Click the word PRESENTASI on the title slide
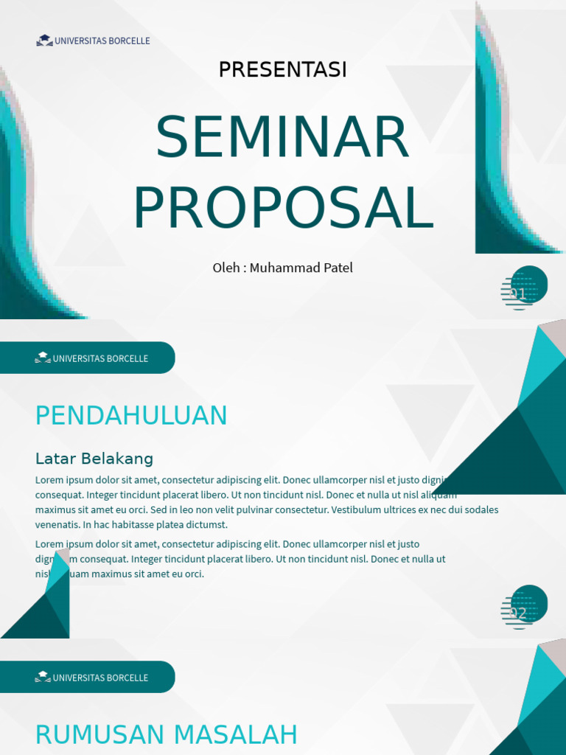point(282,70)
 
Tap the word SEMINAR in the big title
point(282,137)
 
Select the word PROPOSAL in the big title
point(283,207)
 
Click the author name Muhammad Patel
point(301,268)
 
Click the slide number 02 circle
point(525,607)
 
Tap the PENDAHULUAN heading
point(131,416)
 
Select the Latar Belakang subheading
point(94,459)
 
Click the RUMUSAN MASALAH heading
point(166,735)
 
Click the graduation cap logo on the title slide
point(44,41)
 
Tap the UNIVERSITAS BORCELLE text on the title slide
point(102,41)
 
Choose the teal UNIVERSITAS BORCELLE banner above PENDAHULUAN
point(87,358)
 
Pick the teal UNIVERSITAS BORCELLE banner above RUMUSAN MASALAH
point(87,678)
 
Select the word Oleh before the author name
point(226,268)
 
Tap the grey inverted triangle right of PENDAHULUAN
point(430,417)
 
